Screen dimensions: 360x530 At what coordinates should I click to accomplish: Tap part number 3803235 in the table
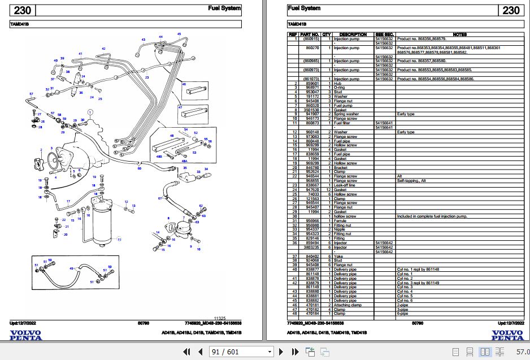coord(311,247)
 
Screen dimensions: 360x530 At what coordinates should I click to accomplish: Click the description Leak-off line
coord(344,185)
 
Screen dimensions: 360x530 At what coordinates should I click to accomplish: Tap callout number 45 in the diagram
coord(179,34)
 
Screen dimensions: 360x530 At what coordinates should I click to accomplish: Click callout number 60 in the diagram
coord(140,168)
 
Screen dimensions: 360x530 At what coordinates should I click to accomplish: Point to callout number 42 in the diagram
coord(103,49)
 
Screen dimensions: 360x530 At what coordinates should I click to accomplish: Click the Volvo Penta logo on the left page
coord(26,334)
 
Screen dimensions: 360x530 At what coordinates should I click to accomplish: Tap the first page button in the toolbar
coord(183,352)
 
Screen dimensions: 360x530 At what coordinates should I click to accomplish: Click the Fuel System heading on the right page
coord(304,8)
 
